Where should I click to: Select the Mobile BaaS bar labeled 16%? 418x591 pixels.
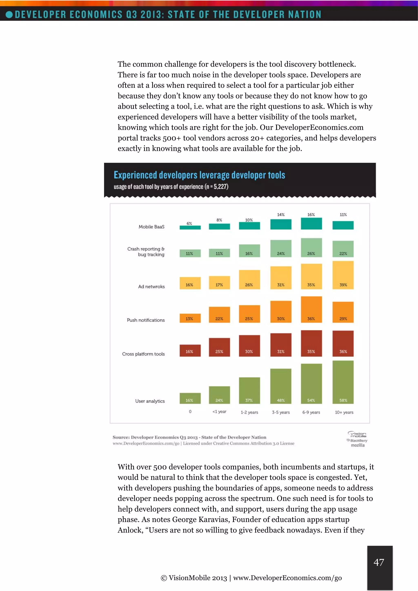coord(311,223)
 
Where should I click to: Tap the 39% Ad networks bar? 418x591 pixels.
coord(343,275)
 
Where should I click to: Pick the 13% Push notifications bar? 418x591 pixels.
coord(190,318)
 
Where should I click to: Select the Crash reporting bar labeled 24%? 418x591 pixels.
coord(281,248)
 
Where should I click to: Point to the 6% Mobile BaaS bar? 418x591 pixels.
coord(190,227)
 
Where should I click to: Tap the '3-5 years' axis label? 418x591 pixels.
coord(281,412)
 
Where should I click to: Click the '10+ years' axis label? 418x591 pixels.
coord(344,412)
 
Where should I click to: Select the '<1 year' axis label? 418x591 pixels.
coord(219,412)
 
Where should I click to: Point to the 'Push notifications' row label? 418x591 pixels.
coord(146,320)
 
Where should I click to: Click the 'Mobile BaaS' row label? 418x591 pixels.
coord(151,227)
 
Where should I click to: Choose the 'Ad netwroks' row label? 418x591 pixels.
coord(151,287)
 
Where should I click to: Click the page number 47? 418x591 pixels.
coord(379,562)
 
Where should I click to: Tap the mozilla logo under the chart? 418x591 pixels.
coord(358,445)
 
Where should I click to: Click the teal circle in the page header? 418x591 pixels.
coord(9,14)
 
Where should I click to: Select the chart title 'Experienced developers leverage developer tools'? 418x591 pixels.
coord(199,175)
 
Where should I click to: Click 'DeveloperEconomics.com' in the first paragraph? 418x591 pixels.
coord(319,127)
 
